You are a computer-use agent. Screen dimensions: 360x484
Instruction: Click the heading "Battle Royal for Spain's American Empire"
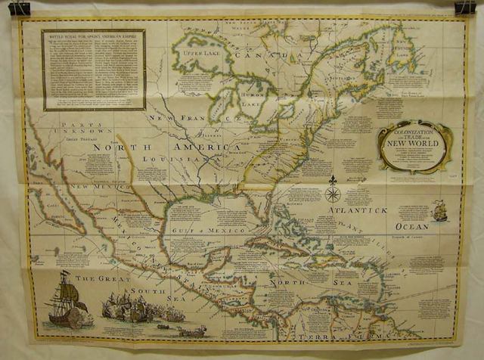[93, 36]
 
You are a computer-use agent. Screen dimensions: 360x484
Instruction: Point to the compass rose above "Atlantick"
[332, 191]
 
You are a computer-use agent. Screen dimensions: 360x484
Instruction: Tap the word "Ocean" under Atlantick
[411, 226]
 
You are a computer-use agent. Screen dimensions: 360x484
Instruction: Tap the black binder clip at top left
[19, 8]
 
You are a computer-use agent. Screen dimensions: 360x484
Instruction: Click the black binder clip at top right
[465, 8]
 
